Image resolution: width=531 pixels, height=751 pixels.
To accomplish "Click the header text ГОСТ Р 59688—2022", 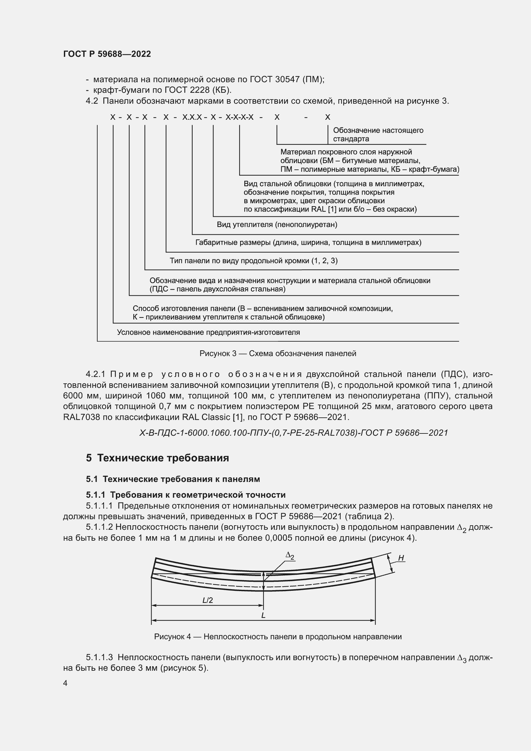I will pyautogui.click(x=107, y=54).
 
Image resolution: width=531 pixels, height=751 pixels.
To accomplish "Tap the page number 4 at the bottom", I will pyautogui.click(x=65, y=683).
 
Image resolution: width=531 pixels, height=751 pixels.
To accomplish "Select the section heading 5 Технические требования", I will pyautogui.click(x=157, y=458).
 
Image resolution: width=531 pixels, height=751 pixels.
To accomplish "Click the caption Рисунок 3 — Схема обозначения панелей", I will pyautogui.click(x=278, y=353).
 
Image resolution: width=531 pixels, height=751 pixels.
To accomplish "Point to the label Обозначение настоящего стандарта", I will pyautogui.click(x=378, y=135).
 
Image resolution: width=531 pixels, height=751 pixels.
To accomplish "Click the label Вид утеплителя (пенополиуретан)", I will pyautogui.click(x=277, y=224).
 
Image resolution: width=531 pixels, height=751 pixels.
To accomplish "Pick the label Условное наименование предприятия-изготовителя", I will pyautogui.click(x=208, y=332).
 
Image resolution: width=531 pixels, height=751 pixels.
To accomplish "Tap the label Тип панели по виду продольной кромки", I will pyautogui.click(x=253, y=260).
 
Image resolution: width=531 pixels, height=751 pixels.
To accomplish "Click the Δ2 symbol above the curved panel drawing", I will pyautogui.click(x=290, y=555).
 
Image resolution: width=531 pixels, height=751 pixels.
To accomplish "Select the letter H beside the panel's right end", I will pyautogui.click(x=401, y=558).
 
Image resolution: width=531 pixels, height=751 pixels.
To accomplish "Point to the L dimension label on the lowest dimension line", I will pyautogui.click(x=263, y=615).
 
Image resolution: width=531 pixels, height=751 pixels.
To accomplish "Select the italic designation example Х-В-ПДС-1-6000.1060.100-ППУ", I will pyautogui.click(x=293, y=433).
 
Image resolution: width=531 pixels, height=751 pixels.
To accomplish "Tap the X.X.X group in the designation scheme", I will pyautogui.click(x=192, y=117).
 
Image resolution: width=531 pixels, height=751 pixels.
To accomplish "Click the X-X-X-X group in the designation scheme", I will pyautogui.click(x=239, y=117).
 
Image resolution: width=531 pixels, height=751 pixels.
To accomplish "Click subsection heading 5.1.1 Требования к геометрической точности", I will pyautogui.click(x=186, y=494).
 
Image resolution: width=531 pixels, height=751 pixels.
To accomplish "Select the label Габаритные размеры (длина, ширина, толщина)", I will pyautogui.click(x=308, y=242).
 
